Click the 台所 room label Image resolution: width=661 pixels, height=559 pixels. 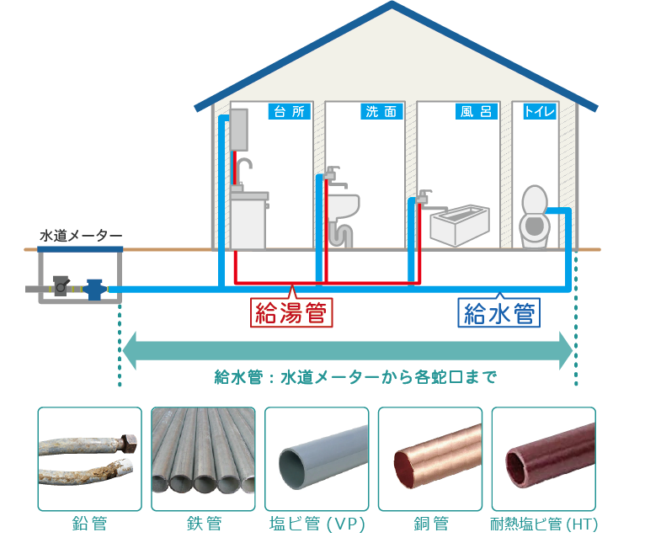(290, 111)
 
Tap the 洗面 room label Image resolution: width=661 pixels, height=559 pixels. (383, 111)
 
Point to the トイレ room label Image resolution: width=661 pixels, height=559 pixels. (538, 111)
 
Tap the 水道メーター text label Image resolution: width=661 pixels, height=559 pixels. (81, 235)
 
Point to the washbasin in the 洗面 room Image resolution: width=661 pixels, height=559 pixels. (344, 205)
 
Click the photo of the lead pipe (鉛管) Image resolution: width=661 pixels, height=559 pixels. (89, 459)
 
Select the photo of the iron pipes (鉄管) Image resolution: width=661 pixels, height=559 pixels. (203, 459)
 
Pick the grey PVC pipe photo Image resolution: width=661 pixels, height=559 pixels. (317, 459)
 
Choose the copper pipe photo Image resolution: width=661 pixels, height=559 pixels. (430, 459)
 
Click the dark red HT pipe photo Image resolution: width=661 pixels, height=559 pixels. (543, 459)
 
